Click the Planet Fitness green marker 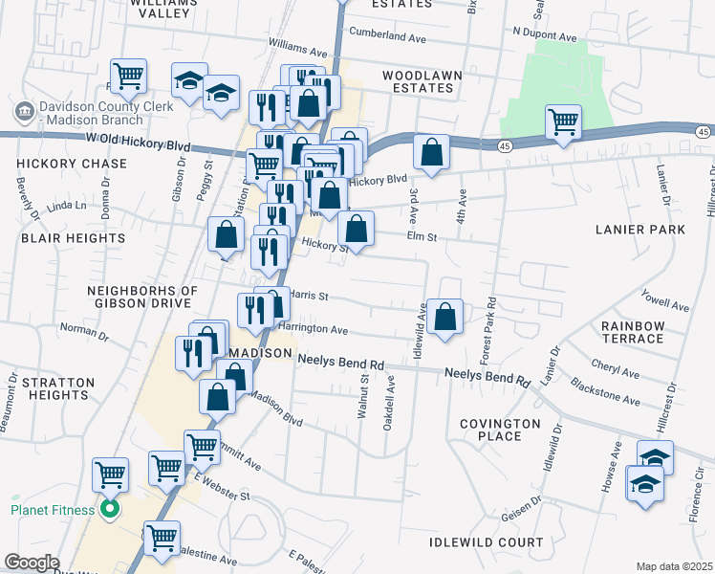109,510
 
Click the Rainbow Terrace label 633,332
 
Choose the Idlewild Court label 473,542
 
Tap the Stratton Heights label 55,388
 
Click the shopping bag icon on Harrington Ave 444,317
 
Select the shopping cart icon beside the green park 564,121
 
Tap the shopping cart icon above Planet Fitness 110,474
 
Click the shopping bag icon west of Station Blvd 226,234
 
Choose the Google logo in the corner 32,563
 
